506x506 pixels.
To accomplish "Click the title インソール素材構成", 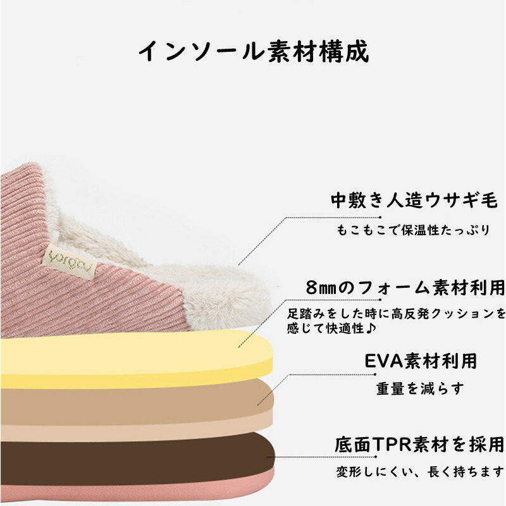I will click(x=253, y=51).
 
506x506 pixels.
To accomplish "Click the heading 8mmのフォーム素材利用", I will click(x=405, y=287).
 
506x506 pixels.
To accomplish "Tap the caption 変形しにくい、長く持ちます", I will click(x=420, y=472).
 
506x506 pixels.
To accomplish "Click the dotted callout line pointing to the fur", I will click(x=278, y=221).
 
